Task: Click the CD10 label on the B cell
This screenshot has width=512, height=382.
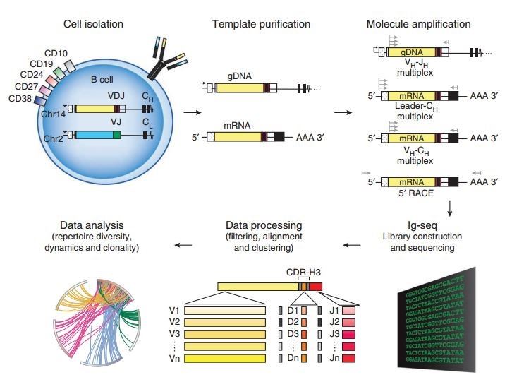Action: point(56,53)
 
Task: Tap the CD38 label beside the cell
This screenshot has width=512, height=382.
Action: point(20,98)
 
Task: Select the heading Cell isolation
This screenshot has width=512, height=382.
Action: point(93,24)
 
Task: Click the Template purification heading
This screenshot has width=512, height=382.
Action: point(261,24)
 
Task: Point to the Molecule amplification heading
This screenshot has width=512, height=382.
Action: point(419,24)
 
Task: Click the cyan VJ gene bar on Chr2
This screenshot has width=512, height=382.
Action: point(94,135)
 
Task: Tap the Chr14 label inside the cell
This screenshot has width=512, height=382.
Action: point(53,114)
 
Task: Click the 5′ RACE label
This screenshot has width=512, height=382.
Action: point(416,193)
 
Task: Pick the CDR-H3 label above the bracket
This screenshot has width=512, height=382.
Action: point(303,272)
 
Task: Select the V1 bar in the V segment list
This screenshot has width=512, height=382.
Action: point(225,311)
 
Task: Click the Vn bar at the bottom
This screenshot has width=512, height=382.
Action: point(225,358)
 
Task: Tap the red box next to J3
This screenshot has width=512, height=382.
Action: point(348,334)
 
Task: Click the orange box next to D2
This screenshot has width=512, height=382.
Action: point(304,323)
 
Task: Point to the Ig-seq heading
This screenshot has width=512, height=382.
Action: point(422,225)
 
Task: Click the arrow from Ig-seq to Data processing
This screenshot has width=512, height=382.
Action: point(352,244)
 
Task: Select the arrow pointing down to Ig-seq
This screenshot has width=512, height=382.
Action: point(450,208)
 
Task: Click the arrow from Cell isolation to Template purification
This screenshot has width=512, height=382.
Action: point(193,112)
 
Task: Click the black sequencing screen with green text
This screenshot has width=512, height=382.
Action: point(437,320)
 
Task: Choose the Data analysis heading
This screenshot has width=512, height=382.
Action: point(92,225)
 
